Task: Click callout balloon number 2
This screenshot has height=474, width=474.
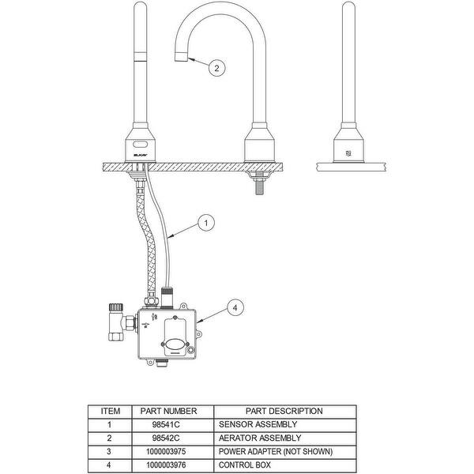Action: click(x=217, y=68)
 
